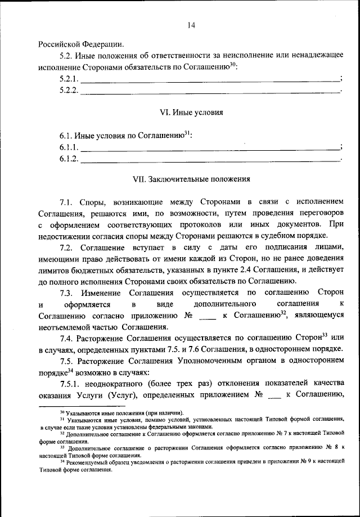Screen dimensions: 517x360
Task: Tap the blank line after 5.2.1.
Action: [210, 79]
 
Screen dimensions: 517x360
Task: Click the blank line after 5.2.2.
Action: [210, 91]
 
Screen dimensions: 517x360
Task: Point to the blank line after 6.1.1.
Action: [210, 147]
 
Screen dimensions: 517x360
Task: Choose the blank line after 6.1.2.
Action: [210, 159]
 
